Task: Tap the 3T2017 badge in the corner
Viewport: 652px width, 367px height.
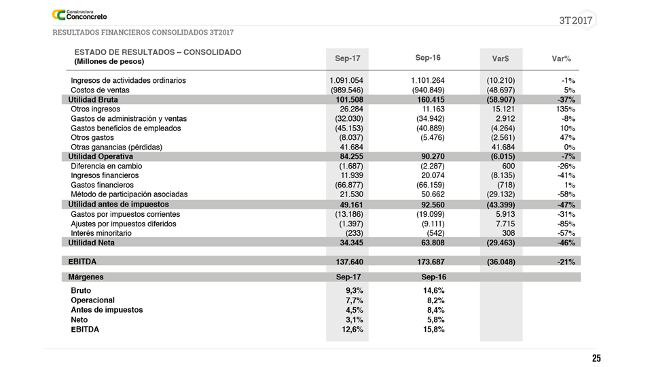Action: (577, 20)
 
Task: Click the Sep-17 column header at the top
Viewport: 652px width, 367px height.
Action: (348, 58)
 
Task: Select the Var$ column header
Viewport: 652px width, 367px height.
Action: (501, 59)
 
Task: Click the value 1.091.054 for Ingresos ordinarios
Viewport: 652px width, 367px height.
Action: (346, 80)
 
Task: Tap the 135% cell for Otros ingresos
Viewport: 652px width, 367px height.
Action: (565, 109)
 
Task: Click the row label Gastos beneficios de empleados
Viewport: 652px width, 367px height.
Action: (126, 128)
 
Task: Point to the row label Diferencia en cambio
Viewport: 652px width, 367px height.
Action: (104, 166)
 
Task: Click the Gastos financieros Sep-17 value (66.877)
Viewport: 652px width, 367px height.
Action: (346, 185)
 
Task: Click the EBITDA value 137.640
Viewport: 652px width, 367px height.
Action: (349, 262)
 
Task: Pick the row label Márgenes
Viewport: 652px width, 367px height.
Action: (86, 277)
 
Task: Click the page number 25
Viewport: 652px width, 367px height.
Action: (596, 358)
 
